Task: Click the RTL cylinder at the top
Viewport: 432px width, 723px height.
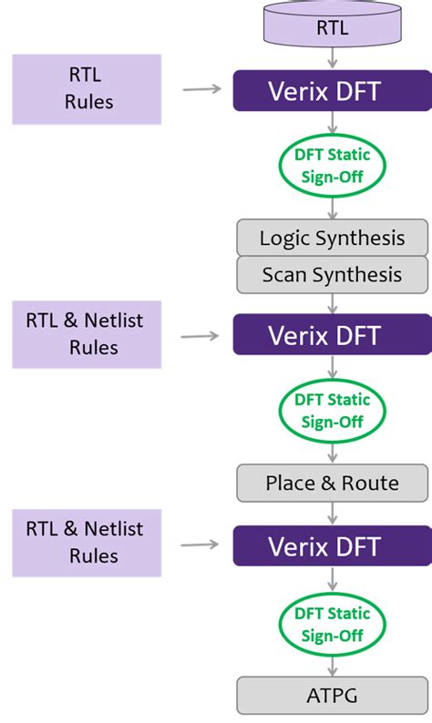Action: [332, 27]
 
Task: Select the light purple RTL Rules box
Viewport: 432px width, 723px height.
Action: [87, 89]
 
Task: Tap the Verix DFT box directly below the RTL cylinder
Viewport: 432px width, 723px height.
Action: [332, 91]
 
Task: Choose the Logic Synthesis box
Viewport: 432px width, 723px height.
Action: [332, 239]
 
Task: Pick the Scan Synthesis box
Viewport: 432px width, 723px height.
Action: [332, 274]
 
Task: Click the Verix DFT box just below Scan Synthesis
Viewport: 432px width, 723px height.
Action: [332, 334]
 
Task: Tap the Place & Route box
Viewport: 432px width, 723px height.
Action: [332, 483]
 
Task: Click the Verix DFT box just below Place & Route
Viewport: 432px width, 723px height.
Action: [332, 546]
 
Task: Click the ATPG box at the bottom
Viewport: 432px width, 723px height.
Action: [332, 696]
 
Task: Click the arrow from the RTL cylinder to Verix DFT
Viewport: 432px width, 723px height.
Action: [332, 59]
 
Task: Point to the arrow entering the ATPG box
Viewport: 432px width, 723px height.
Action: [332, 666]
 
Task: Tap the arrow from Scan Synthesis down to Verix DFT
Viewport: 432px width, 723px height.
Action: [332, 303]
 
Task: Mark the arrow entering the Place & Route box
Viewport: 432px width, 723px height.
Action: [332, 453]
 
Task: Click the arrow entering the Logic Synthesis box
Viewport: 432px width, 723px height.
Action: [332, 208]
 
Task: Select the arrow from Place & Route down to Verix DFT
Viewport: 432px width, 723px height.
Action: [332, 514]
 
